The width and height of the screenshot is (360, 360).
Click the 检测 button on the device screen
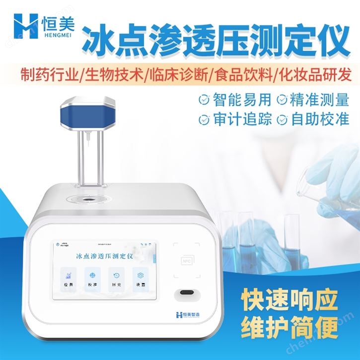(67, 278)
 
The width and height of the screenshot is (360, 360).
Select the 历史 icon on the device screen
(115, 278)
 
